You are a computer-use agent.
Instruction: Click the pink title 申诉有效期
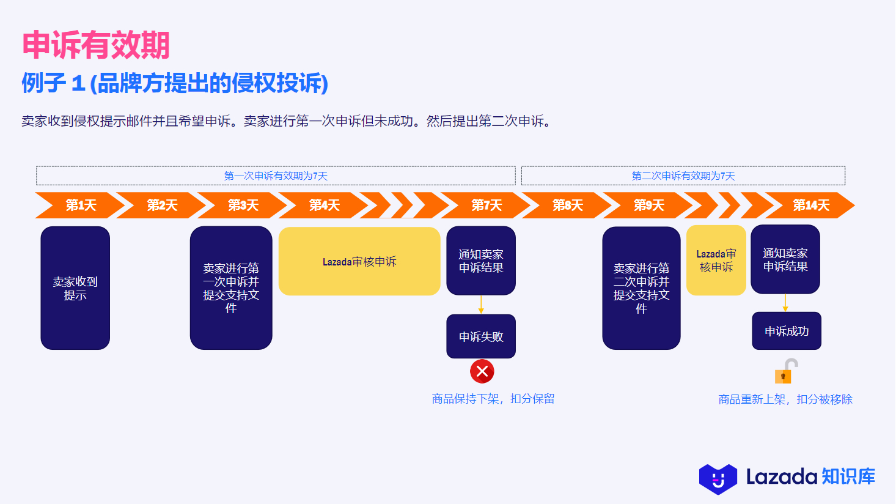coord(96,45)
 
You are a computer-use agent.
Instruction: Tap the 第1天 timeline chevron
coord(80,206)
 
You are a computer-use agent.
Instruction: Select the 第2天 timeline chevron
coord(161,206)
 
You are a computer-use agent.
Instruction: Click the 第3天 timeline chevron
coord(243,206)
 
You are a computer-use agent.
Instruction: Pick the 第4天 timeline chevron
coord(324,206)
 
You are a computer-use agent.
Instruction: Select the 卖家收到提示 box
coord(75,288)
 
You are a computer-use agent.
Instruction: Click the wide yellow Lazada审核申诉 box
coord(359,261)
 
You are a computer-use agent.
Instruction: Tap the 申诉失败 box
coord(481,336)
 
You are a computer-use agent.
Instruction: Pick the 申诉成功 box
coord(787,331)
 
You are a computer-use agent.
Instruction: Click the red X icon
coord(482,371)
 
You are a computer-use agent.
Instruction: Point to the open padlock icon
coord(785,371)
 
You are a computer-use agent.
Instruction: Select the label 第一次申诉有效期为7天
coord(276,176)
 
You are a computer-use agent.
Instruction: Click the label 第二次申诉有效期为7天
coord(683,176)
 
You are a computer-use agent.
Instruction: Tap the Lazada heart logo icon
coord(718,479)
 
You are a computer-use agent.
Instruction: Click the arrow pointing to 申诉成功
coord(785,303)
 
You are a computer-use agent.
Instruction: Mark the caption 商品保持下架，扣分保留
coord(493,399)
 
